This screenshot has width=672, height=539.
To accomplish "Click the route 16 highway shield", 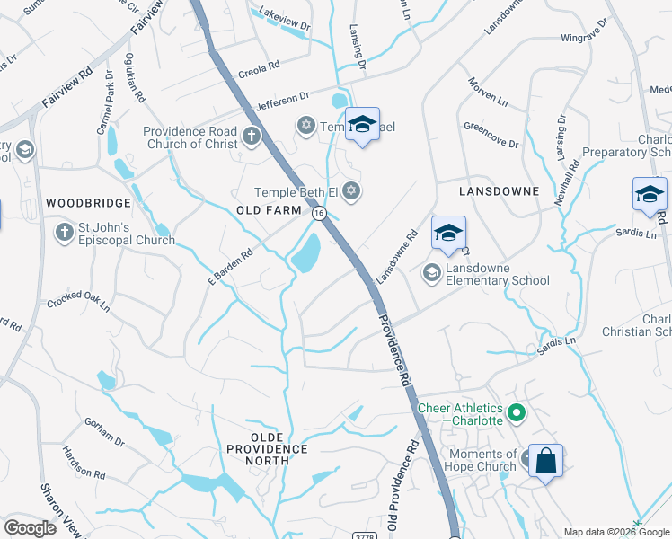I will [319, 214].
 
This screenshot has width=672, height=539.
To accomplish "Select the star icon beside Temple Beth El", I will [351, 190].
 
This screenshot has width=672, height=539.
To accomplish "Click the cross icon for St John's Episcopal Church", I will [64, 234].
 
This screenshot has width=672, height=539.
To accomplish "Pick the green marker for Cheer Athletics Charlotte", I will [516, 414].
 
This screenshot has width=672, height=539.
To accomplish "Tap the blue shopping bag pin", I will [545, 462].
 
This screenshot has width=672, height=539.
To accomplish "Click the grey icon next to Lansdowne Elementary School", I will [432, 273].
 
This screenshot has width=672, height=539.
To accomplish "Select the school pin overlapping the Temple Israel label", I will [362, 125].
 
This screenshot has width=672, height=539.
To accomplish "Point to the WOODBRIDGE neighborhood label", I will [83, 204].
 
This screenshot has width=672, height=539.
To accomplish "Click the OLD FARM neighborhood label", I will [268, 209].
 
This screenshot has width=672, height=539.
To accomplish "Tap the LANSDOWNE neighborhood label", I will [499, 191].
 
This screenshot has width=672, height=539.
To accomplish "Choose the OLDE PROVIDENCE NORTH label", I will [266, 454].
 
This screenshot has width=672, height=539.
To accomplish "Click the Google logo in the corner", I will [30, 528].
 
